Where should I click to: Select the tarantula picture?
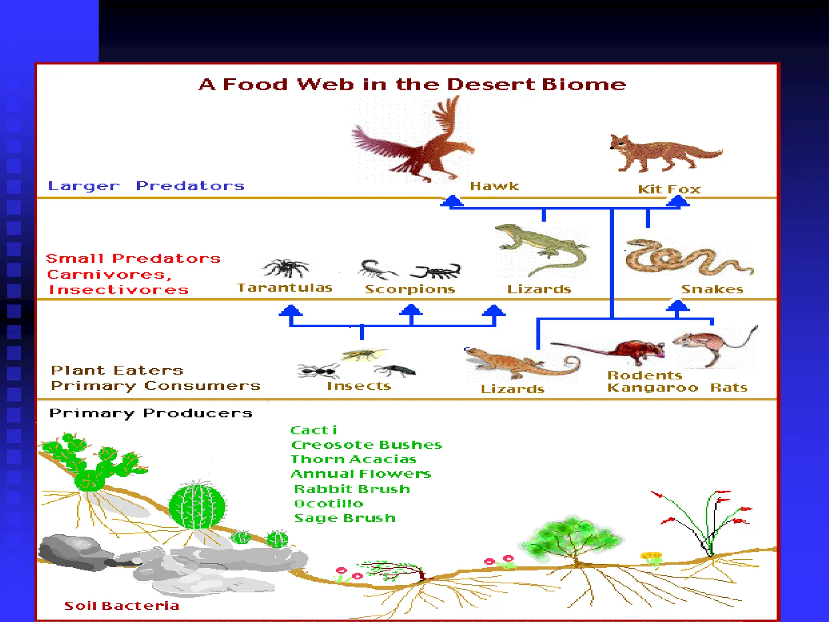286,268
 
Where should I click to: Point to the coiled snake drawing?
688,259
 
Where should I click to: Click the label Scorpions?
410,289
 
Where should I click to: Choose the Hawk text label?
494,186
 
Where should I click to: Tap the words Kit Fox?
669,189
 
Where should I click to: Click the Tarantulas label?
285,288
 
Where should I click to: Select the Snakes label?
712,289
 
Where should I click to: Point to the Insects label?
359,386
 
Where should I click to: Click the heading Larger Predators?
146,186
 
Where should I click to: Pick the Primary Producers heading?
151,413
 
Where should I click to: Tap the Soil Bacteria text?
122,606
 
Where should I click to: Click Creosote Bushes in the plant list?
366,445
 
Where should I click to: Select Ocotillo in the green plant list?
328,503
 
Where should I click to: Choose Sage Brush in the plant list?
344,518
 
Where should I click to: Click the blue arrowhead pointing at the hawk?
452,201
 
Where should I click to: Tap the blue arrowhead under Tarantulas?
291,311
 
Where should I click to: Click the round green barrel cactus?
197,506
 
